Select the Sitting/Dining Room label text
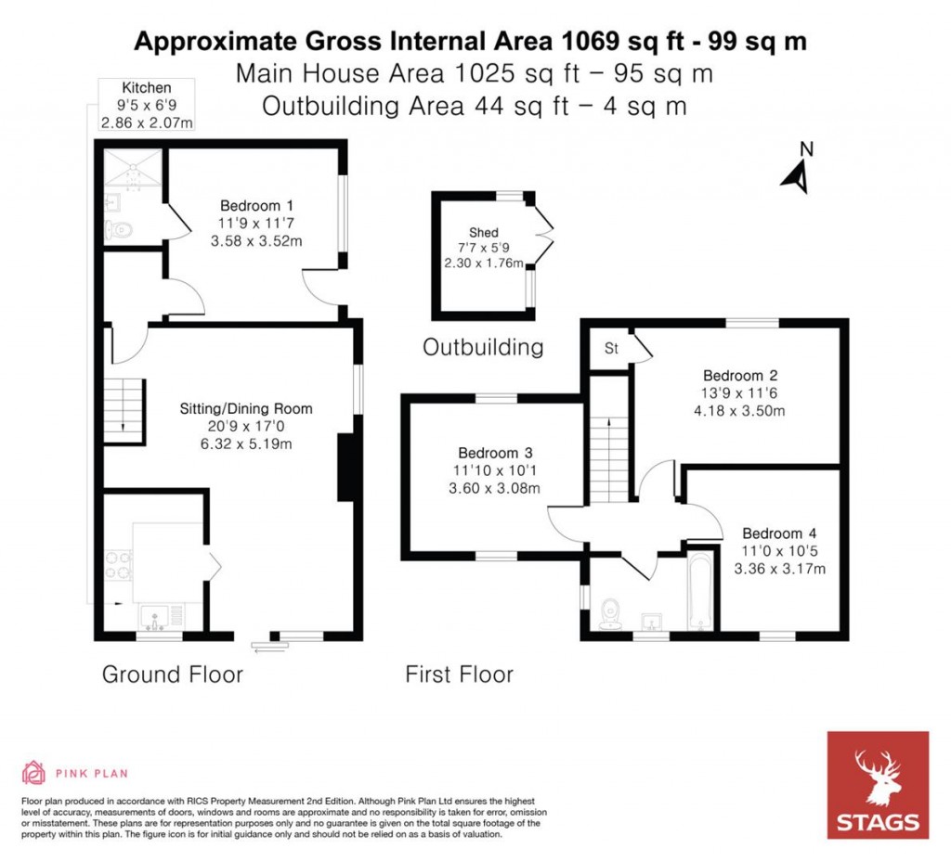(x=246, y=408)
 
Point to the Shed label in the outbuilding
(x=483, y=232)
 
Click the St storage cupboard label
(x=612, y=349)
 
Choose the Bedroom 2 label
(x=740, y=376)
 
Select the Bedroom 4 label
(x=779, y=533)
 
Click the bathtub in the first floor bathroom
(x=699, y=591)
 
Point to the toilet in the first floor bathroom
(x=610, y=613)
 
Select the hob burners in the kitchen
(x=118, y=565)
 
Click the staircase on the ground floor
(x=124, y=408)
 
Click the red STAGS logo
(x=878, y=784)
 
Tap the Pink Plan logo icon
(x=33, y=772)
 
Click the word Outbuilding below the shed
(x=483, y=348)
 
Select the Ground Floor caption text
(x=172, y=674)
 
